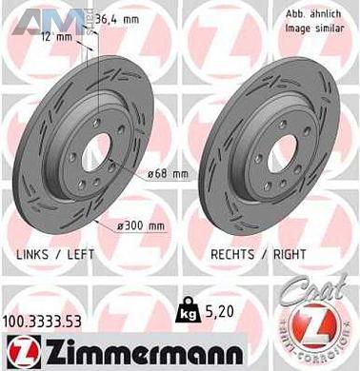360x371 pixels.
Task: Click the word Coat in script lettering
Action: click(323, 296)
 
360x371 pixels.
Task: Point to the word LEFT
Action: click(82, 256)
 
